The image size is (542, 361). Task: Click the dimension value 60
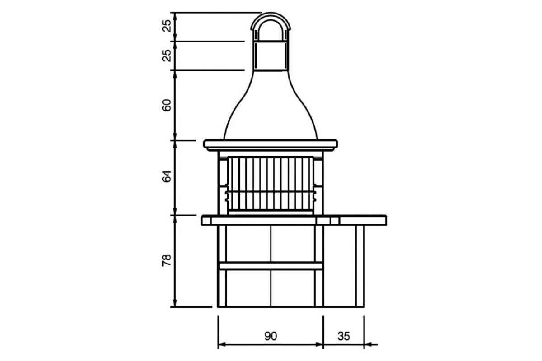167,105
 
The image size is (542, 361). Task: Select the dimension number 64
167,176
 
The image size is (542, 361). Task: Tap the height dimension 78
167,260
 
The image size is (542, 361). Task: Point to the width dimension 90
271,336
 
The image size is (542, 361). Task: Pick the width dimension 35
344,336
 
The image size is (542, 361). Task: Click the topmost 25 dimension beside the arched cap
167,26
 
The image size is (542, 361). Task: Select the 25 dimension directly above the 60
167,56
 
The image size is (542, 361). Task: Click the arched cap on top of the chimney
271,14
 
